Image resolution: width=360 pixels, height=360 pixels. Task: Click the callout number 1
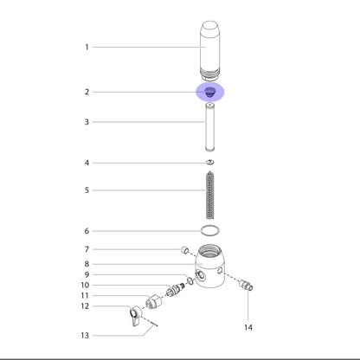click(87, 47)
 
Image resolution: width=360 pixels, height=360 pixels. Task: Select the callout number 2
click(87, 92)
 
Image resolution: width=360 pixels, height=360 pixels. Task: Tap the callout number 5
click(87, 190)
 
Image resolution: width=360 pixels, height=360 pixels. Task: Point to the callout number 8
click(87, 264)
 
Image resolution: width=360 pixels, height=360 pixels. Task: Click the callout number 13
click(85, 336)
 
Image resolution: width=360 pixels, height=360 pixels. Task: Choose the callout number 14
click(248, 327)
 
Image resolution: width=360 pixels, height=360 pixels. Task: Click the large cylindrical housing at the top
click(210, 50)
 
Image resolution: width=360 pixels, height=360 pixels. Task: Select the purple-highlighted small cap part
click(210, 92)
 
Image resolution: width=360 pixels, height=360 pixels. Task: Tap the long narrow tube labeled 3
click(210, 127)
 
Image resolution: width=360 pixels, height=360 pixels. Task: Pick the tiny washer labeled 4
click(210, 162)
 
